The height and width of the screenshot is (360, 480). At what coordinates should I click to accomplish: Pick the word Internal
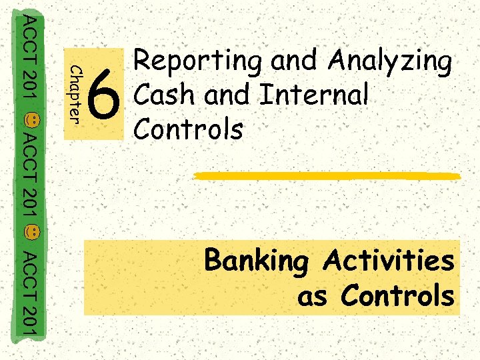313,95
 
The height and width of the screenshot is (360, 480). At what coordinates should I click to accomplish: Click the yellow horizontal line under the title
327,175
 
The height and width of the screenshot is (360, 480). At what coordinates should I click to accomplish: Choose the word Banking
257,261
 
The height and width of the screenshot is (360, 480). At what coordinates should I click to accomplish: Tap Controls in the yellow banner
397,295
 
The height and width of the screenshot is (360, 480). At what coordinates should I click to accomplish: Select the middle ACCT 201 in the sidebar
30,177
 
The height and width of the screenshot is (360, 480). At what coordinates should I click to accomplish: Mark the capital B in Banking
215,260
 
